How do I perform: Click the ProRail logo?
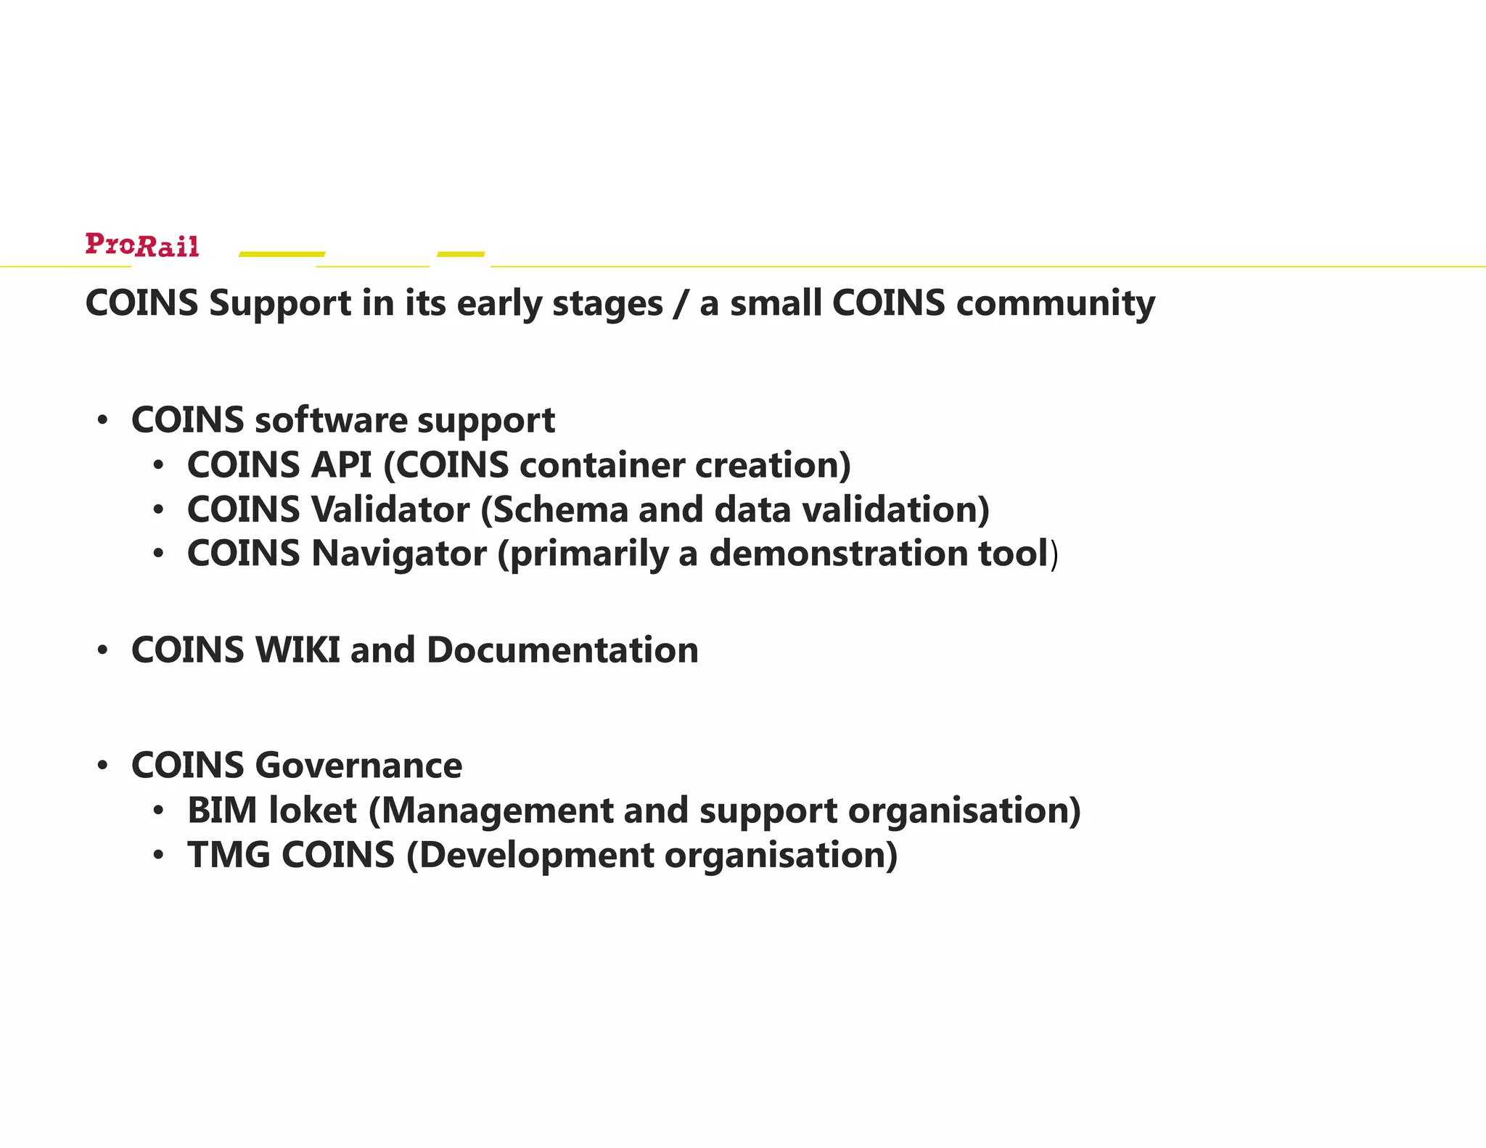pyautogui.click(x=142, y=245)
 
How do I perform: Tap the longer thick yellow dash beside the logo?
pyautogui.click(x=282, y=254)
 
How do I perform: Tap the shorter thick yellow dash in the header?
pyautogui.click(x=461, y=254)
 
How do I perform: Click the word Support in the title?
pyautogui.click(x=280, y=303)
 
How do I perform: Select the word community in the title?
pyautogui.click(x=1056, y=303)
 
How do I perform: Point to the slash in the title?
pyautogui.click(x=681, y=303)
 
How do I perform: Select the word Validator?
pyautogui.click(x=390, y=509)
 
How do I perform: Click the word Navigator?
pyautogui.click(x=399, y=554)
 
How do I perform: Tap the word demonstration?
pyautogui.click(x=839, y=554)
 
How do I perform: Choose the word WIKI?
pyautogui.click(x=297, y=649)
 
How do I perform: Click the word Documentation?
pyautogui.click(x=562, y=649)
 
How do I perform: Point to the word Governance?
pyautogui.click(x=358, y=766)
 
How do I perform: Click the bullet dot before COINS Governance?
pyautogui.click(x=103, y=766)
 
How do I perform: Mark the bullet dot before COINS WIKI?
pyautogui.click(x=103, y=650)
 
